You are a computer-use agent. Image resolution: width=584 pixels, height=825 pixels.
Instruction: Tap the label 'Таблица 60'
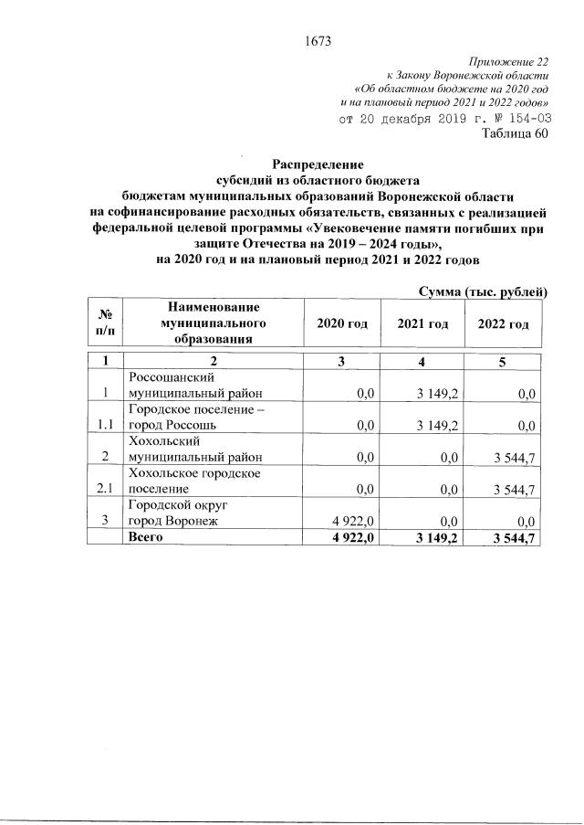coord(515,135)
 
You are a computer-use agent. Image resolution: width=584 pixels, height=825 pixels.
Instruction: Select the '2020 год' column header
coord(341,324)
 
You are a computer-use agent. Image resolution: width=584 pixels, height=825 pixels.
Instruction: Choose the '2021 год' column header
coord(422,324)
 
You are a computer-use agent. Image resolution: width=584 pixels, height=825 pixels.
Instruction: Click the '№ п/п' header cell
coord(105,323)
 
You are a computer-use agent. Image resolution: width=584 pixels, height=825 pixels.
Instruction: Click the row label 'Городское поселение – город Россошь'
coord(196,418)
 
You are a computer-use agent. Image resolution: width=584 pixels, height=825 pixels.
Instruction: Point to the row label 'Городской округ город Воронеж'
coord(184,513)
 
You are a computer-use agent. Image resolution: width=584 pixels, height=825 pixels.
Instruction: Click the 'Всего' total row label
coord(146,537)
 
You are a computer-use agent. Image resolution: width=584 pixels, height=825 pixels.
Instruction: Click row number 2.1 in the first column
coord(106,489)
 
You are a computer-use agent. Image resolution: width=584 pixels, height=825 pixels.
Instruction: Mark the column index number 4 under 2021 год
coord(422,361)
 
